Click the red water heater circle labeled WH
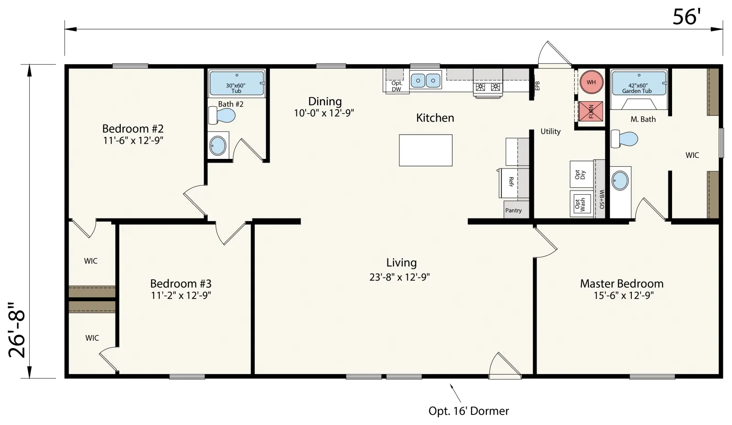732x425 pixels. pyautogui.click(x=591, y=82)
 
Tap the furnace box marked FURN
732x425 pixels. pyautogui.click(x=591, y=111)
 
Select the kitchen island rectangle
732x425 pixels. pyautogui.click(x=425, y=150)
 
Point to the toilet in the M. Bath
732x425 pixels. pyautogui.click(x=624, y=139)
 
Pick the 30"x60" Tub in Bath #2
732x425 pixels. pyautogui.click(x=237, y=83)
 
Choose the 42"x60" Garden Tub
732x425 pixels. pyautogui.click(x=639, y=83)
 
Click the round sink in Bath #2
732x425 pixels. pyautogui.click(x=218, y=146)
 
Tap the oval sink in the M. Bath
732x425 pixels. pyautogui.click(x=620, y=180)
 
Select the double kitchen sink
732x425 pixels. pyautogui.click(x=425, y=80)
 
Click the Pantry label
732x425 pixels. pyautogui.click(x=513, y=210)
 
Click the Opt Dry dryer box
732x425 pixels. pyautogui.click(x=581, y=174)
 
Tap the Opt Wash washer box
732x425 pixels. pyautogui.click(x=581, y=204)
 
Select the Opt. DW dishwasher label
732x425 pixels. pyautogui.click(x=397, y=86)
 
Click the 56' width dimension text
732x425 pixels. pyautogui.click(x=687, y=16)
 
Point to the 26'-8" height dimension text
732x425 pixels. pyautogui.click(x=17, y=329)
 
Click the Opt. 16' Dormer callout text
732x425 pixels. pyautogui.click(x=468, y=411)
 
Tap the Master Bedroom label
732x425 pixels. pyautogui.click(x=622, y=283)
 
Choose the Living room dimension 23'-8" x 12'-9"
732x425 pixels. pyautogui.click(x=399, y=277)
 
